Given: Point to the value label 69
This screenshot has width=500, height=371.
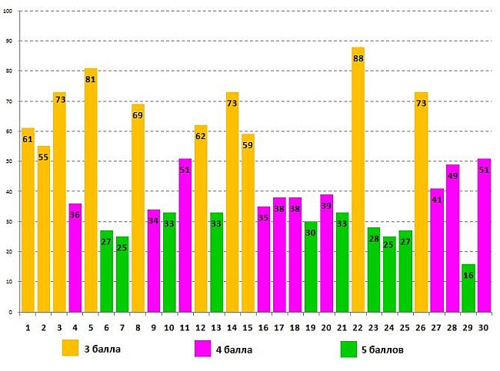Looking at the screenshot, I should [x=138, y=115].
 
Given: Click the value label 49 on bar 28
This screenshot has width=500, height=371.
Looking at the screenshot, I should [x=452, y=176].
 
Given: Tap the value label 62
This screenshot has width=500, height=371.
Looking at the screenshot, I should [x=201, y=136].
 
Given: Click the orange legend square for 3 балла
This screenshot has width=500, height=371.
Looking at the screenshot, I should [x=71, y=349].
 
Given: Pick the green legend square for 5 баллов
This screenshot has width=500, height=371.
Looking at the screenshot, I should [x=348, y=349].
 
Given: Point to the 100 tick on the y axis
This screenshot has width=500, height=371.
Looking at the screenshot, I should [x=8, y=12].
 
